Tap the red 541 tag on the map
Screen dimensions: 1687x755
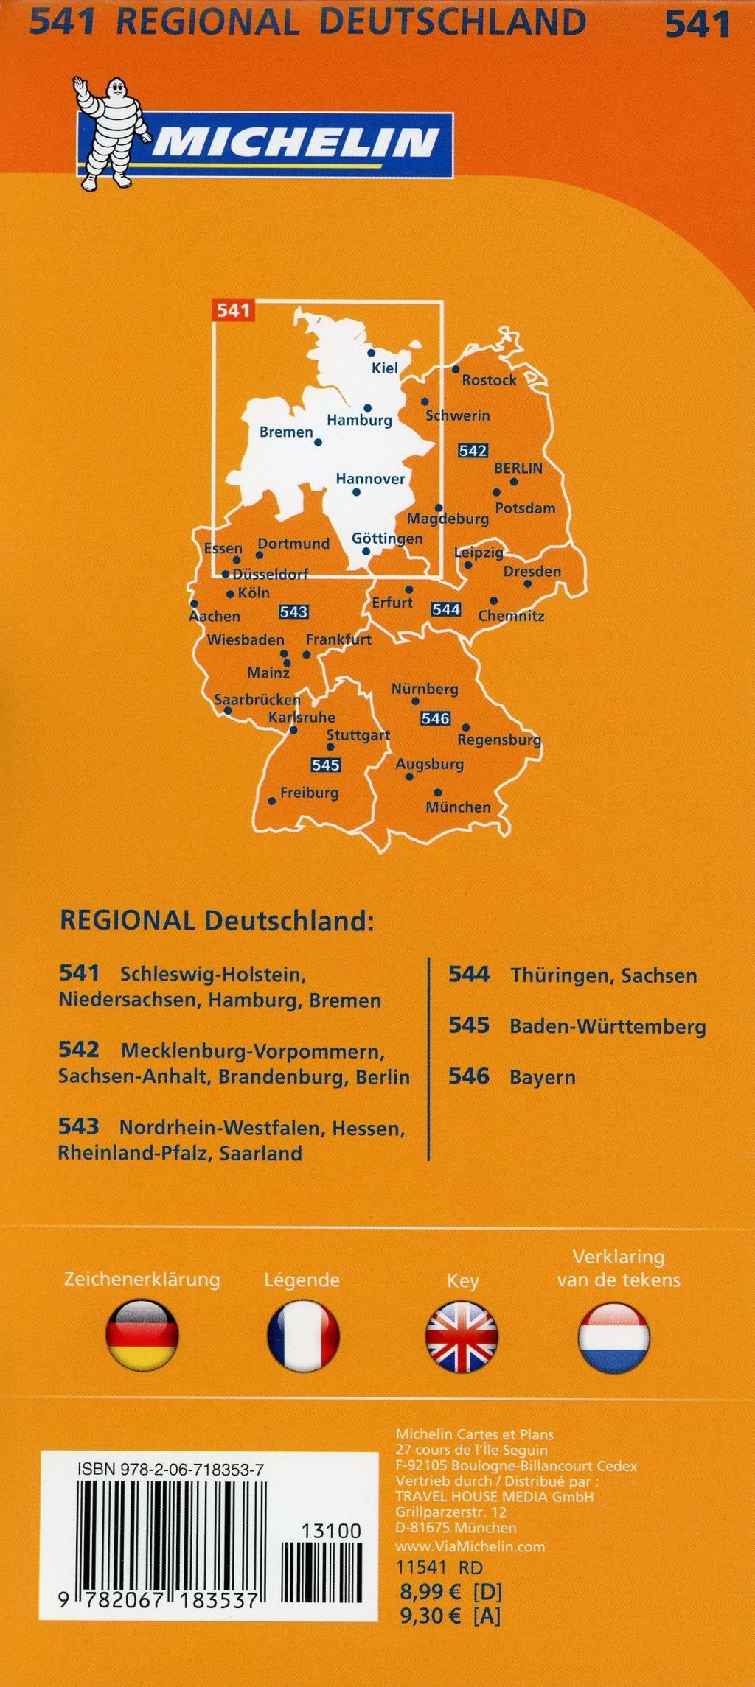234,310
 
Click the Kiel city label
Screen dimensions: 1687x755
385,368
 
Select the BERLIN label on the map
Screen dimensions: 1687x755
518,468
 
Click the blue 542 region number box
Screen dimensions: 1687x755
473,450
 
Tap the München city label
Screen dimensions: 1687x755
458,807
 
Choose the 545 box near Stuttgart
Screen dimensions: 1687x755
325,765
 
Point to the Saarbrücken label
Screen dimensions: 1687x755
257,700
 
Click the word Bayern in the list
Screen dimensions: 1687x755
543,1078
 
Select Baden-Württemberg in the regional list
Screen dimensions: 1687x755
608,1027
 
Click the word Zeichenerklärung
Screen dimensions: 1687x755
142,1279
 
